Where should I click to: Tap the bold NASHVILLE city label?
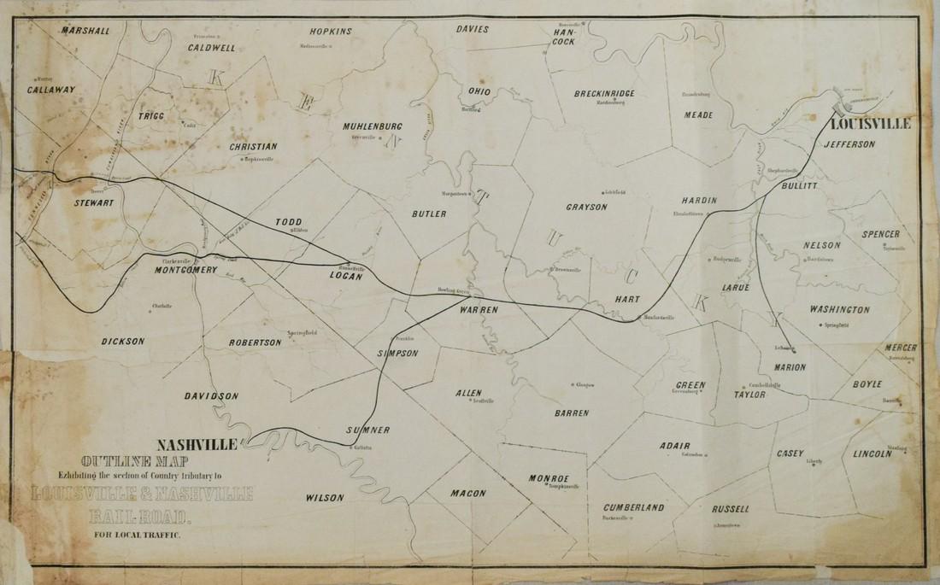coord(200,443)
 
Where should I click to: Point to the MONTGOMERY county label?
coord(188,270)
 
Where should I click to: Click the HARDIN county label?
coord(699,201)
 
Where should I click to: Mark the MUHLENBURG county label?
coord(373,127)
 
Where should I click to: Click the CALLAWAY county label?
coord(51,89)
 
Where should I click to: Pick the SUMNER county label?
coord(368,429)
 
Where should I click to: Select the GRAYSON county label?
coord(586,207)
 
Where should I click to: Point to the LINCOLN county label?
coord(872,454)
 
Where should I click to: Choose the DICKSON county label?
coord(122,341)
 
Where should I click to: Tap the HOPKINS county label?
coord(330,31)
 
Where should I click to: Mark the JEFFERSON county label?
coord(850,144)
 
